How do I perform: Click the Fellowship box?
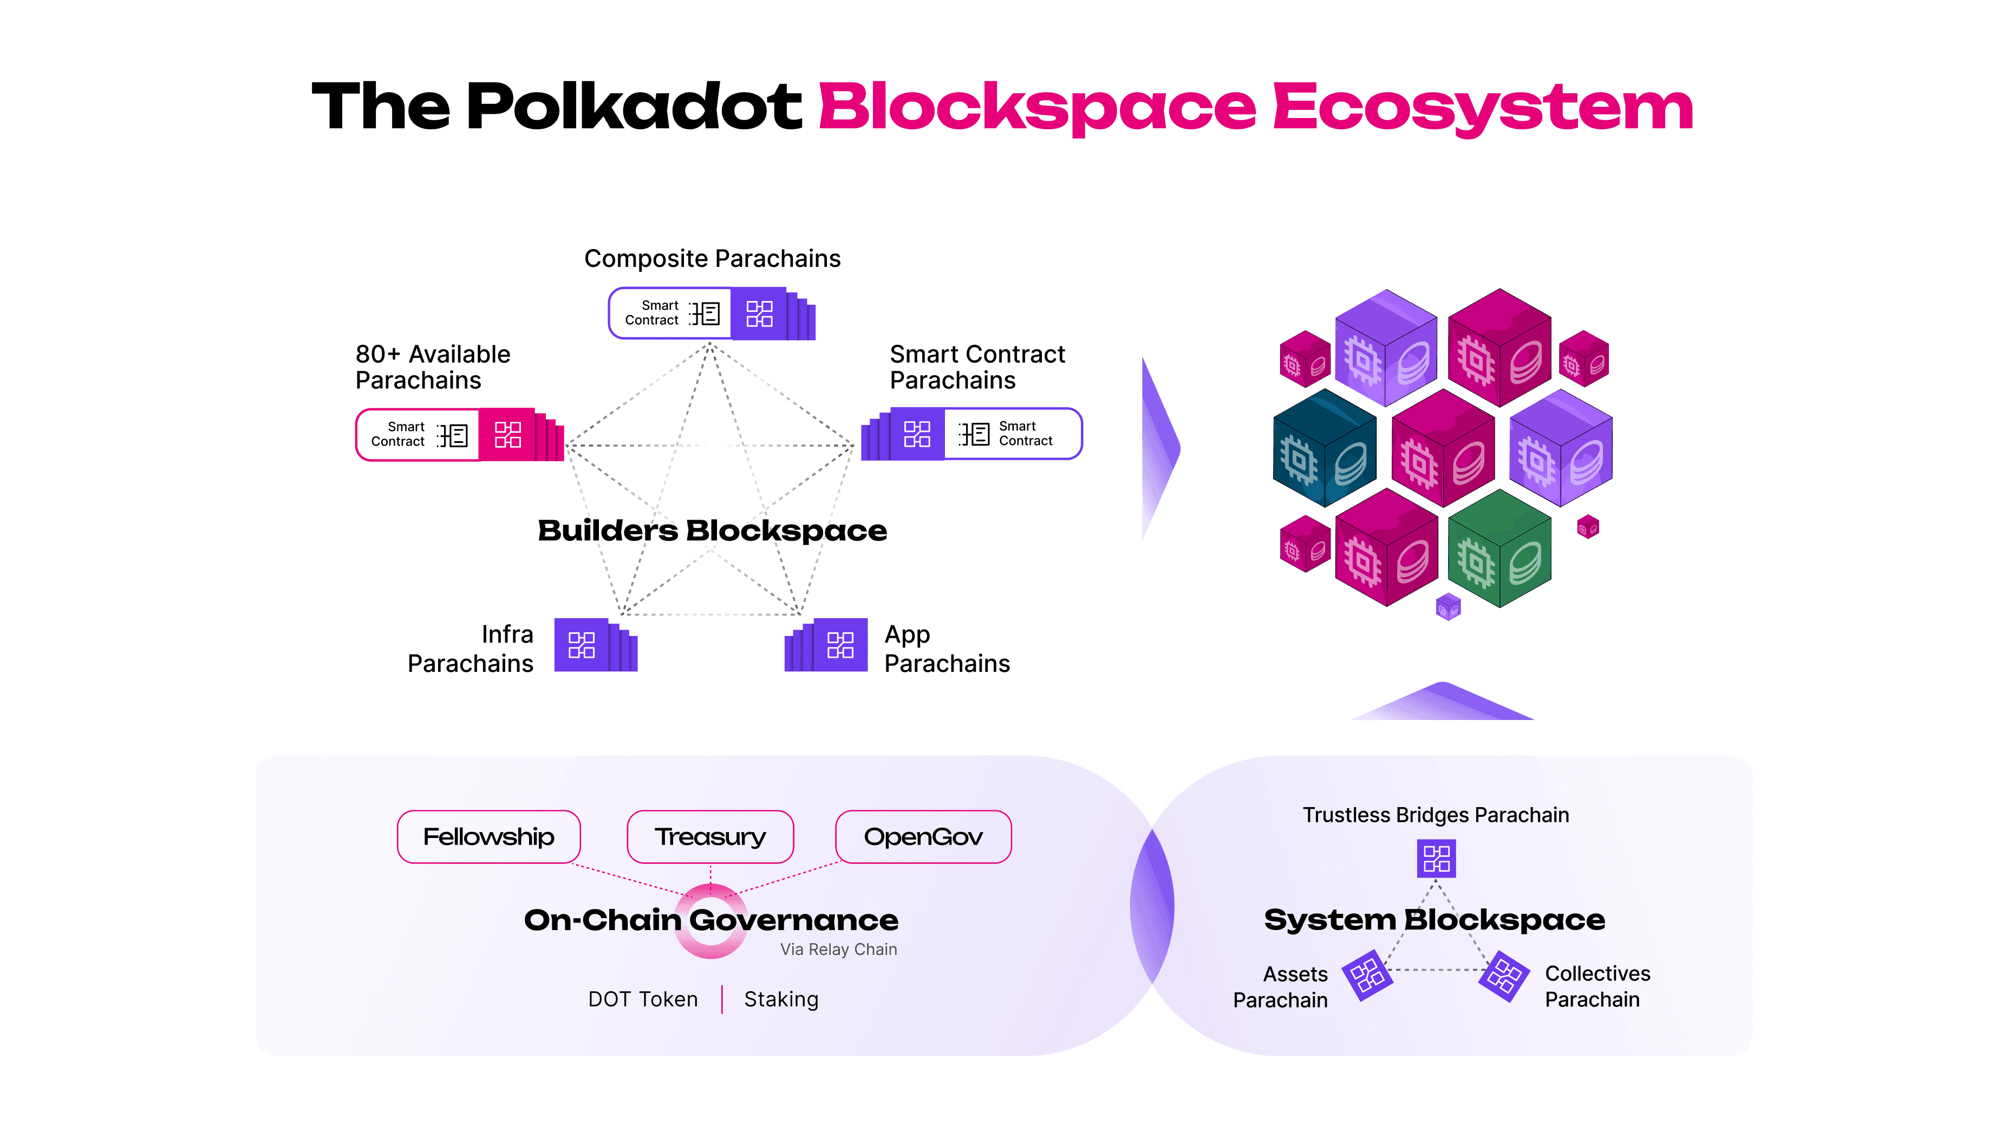tap(489, 837)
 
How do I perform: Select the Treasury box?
tap(710, 837)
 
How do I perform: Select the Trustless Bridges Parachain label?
tap(1435, 815)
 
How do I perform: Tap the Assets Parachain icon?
tap(1367, 975)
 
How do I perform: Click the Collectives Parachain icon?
tap(1504, 975)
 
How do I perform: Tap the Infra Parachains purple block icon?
tap(582, 645)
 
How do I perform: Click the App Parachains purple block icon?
tap(840, 645)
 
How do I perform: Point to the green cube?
tap(1499, 550)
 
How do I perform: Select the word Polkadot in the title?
tap(634, 106)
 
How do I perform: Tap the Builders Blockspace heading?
tap(712, 531)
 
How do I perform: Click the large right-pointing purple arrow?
tap(1160, 449)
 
